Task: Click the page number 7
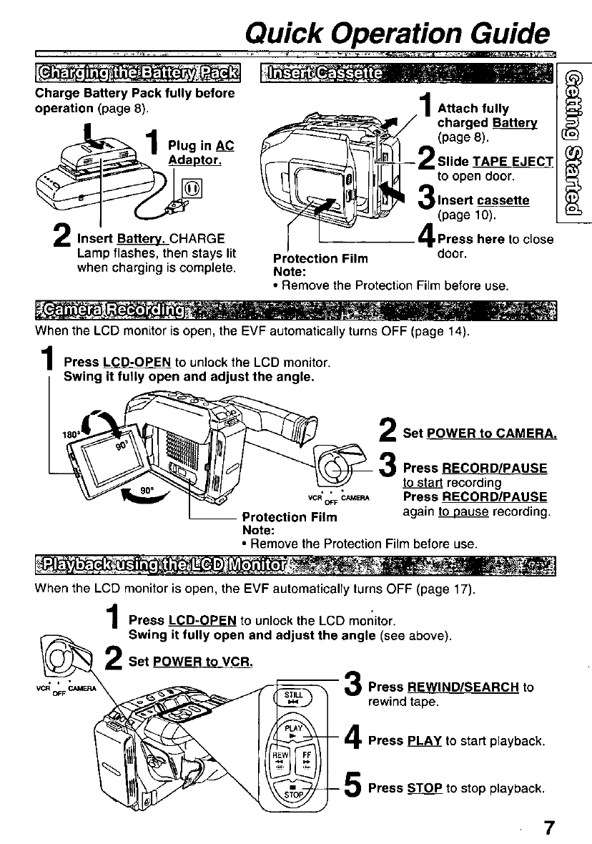pyautogui.click(x=548, y=827)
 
